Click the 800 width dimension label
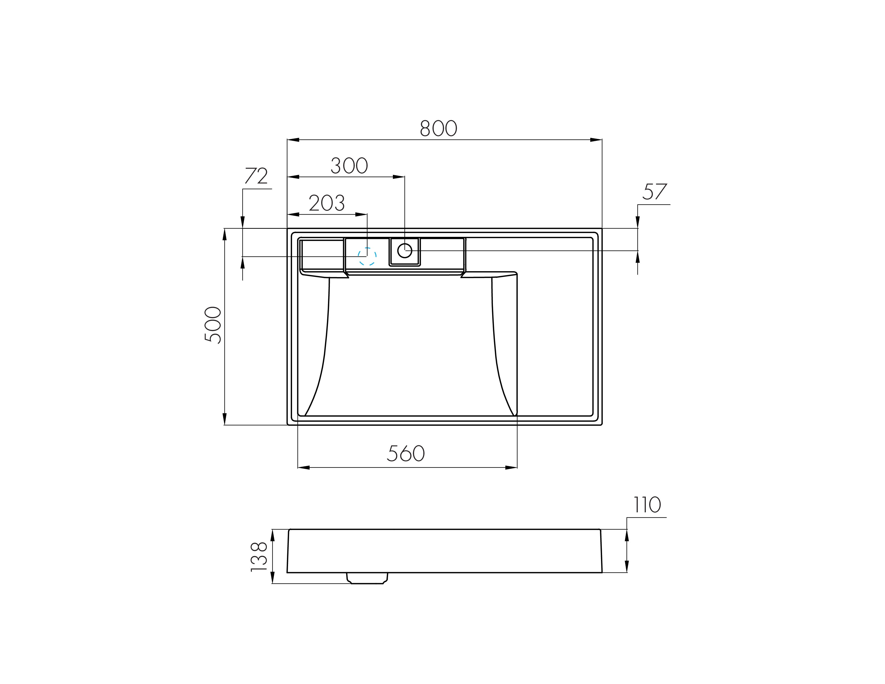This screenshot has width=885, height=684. (x=438, y=128)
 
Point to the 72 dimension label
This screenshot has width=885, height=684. (x=256, y=175)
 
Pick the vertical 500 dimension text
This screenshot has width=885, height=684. (x=213, y=325)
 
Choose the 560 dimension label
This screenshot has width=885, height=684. (x=405, y=453)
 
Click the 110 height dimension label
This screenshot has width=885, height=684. (x=647, y=505)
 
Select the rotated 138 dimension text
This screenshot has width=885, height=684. (x=259, y=557)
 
